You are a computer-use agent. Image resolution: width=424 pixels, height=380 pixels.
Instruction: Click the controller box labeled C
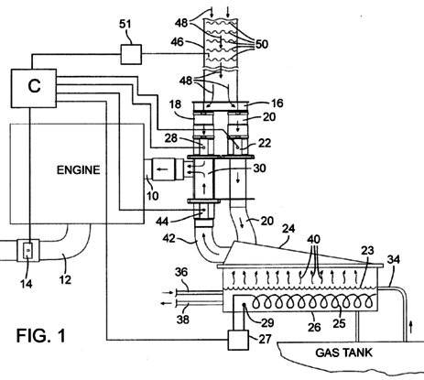click(x=34, y=88)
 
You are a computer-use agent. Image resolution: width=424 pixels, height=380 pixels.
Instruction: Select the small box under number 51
click(x=131, y=54)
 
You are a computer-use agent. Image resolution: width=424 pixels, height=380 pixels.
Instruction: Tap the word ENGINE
click(x=79, y=169)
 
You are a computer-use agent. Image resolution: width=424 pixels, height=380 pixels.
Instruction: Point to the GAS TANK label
click(x=344, y=353)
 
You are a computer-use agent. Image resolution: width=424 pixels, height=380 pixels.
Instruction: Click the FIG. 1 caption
click(x=41, y=335)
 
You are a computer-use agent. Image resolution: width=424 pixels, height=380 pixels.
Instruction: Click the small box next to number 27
click(x=238, y=340)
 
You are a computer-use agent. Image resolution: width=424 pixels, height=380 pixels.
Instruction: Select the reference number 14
click(x=27, y=284)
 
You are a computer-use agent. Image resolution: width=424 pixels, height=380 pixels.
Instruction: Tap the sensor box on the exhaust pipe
click(x=28, y=250)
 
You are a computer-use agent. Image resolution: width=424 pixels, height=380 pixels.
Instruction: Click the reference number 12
click(x=65, y=279)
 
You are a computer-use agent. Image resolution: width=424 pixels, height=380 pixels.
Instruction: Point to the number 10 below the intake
click(x=152, y=195)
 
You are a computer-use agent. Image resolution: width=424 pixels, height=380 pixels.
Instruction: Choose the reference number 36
click(x=181, y=272)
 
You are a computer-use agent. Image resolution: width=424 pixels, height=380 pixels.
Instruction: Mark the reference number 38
click(x=183, y=320)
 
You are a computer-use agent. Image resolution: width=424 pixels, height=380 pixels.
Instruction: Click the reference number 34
click(x=394, y=259)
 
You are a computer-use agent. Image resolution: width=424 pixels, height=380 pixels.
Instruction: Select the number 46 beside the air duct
click(x=177, y=42)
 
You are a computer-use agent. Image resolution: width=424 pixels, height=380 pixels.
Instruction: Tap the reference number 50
click(x=262, y=44)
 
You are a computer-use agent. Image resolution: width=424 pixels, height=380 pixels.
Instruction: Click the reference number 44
click(x=162, y=221)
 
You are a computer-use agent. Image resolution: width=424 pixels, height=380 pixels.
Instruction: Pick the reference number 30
click(x=259, y=168)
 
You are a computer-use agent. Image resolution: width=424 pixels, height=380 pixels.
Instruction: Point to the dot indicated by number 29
click(x=245, y=304)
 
